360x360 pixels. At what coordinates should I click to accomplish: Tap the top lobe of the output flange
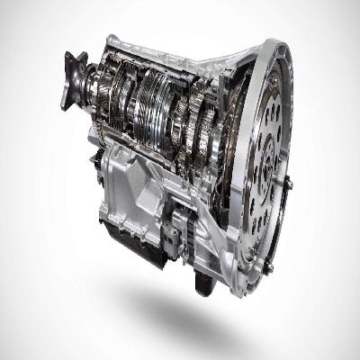[x=70, y=57]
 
